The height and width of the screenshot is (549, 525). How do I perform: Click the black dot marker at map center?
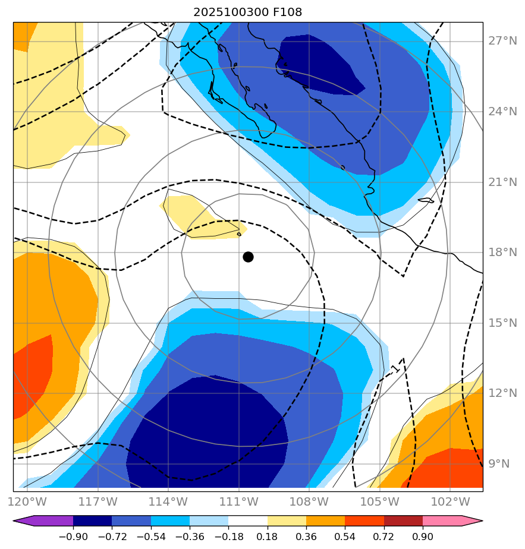click(x=248, y=257)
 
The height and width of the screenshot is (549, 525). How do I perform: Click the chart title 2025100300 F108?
click(x=252, y=12)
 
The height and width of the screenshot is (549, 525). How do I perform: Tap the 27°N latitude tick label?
click(x=502, y=41)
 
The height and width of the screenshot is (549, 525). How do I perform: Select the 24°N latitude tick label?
click(x=502, y=112)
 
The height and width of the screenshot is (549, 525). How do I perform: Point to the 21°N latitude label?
click(x=502, y=182)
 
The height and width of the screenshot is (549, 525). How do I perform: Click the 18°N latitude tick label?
click(x=502, y=253)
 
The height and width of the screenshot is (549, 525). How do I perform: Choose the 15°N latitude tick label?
click(x=502, y=323)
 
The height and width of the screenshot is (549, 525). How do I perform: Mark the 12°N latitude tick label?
click(x=502, y=393)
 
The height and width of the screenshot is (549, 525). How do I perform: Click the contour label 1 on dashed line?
click(x=395, y=369)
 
